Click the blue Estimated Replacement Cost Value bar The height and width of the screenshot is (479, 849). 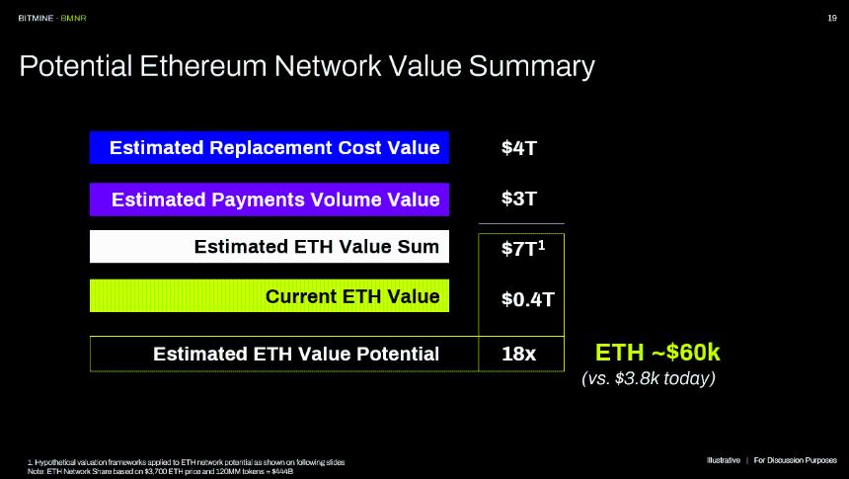point(270,148)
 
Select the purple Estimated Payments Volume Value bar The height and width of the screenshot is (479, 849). point(270,200)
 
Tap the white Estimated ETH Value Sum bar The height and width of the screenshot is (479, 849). point(270,247)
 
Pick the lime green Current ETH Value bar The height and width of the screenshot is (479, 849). point(270,296)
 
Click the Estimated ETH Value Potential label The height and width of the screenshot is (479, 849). point(296,354)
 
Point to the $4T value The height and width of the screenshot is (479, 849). point(519,148)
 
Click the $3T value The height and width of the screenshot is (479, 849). point(519,200)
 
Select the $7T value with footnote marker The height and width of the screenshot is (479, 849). point(521,248)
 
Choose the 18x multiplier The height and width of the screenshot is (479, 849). point(519,354)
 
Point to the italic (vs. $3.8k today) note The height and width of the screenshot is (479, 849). point(649,378)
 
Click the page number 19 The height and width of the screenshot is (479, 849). point(830,18)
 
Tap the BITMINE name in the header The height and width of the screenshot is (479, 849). point(34,18)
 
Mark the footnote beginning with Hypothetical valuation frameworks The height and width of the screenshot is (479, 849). point(188,462)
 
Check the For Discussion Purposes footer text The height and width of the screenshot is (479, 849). point(795,460)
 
